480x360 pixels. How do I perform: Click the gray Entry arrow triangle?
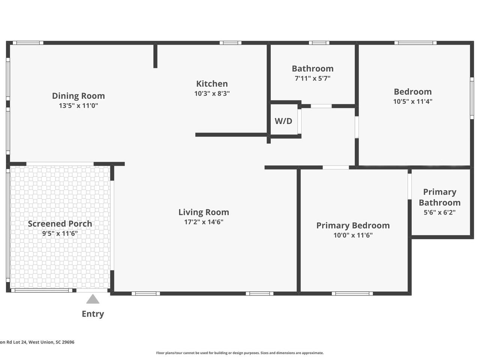(93, 299)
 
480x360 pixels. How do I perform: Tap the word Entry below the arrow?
(93, 314)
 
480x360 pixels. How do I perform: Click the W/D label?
(283, 121)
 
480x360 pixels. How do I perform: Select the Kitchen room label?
(212, 84)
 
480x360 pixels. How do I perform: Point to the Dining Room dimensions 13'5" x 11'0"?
(78, 106)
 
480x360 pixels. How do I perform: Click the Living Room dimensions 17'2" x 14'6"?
(204, 222)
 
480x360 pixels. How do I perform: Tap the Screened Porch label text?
(60, 223)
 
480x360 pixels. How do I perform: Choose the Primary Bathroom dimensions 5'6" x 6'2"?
(439, 212)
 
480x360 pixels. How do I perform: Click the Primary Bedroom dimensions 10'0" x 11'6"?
(353, 235)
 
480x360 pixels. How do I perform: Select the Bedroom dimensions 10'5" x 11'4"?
(412, 101)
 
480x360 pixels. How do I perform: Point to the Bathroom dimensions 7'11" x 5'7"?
(312, 78)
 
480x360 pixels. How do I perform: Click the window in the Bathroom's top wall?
(319, 43)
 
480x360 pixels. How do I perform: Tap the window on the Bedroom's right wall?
(472, 98)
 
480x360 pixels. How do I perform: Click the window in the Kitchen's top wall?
(231, 43)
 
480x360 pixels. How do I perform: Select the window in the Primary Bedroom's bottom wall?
(352, 294)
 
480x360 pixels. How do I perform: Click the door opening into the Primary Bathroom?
(409, 186)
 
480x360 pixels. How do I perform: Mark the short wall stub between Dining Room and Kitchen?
(155, 56)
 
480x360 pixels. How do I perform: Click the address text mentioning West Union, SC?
(37, 342)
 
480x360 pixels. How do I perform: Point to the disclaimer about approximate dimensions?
(240, 353)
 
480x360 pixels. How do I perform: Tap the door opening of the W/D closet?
(299, 121)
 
